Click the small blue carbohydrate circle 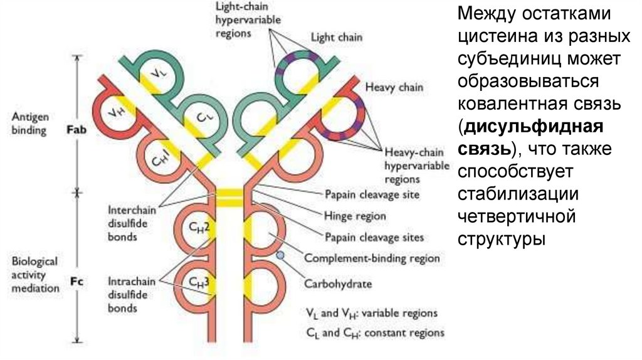click(x=280, y=255)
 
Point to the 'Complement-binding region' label click(x=372, y=258)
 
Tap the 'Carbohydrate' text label click(x=338, y=283)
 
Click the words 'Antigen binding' click(x=29, y=124)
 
